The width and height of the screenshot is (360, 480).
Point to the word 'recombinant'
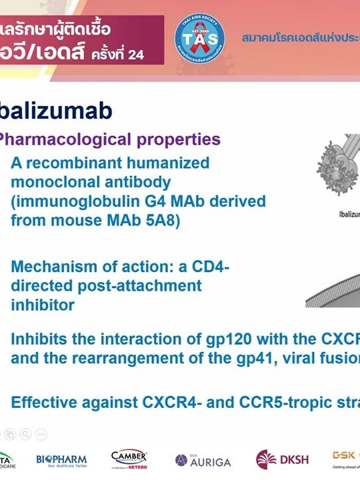(x=69, y=163)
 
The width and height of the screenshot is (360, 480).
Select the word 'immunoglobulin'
(x=66, y=201)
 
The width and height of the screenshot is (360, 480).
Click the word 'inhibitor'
(x=42, y=305)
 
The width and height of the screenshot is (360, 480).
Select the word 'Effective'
(x=44, y=403)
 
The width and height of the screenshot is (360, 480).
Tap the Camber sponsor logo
(x=129, y=459)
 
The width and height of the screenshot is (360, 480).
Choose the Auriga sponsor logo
(x=203, y=461)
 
